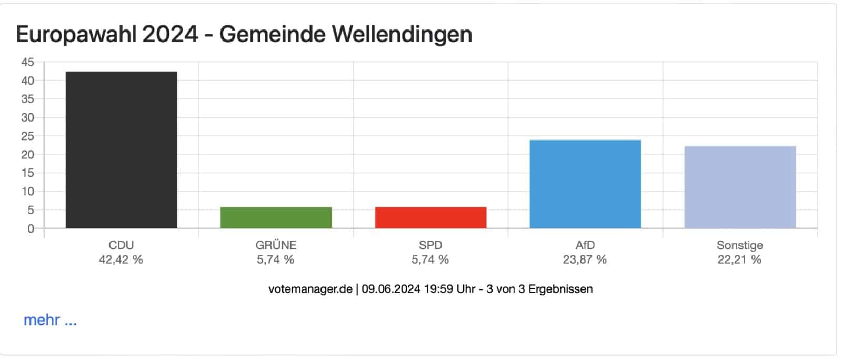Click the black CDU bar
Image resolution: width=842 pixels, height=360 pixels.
point(121,150)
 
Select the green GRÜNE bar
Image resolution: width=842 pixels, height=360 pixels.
point(276,217)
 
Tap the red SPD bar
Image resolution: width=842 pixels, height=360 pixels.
point(430,217)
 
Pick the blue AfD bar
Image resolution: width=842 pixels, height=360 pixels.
point(585,184)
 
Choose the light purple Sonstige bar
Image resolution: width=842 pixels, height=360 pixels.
point(740,187)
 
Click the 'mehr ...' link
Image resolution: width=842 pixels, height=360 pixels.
point(50,320)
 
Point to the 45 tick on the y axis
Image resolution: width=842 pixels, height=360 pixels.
point(27,62)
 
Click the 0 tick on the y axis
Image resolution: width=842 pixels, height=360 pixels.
point(31,228)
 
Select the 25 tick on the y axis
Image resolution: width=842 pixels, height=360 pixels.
point(27,136)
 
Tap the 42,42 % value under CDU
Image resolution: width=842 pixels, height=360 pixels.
point(121,259)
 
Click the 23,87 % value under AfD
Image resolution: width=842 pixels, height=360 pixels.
point(585,259)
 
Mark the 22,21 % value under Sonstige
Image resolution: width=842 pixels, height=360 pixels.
point(739,259)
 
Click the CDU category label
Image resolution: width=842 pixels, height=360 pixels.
point(121,245)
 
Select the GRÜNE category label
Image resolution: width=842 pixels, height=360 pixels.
point(276,245)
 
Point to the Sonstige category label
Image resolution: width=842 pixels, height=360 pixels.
point(739,245)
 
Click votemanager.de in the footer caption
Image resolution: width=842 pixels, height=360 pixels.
point(310,289)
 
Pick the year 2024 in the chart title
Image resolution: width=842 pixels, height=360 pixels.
point(169,35)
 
